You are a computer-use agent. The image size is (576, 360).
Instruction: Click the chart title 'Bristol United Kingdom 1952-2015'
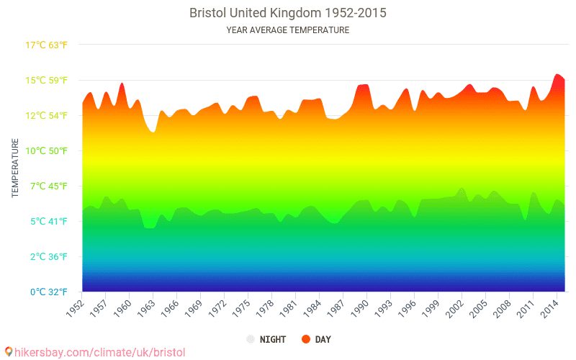click(x=288, y=13)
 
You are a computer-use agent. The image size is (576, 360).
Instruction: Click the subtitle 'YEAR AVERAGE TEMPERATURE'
click(x=288, y=30)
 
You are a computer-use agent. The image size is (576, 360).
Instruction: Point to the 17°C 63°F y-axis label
click(x=47, y=45)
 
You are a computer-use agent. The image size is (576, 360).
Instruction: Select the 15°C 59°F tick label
click(x=47, y=80)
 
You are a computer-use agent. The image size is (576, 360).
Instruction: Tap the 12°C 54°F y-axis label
click(x=47, y=115)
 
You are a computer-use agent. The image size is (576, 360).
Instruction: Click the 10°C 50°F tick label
click(x=47, y=150)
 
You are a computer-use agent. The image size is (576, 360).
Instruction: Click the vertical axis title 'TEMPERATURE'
click(x=15, y=168)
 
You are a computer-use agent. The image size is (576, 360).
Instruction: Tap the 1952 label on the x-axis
click(x=75, y=307)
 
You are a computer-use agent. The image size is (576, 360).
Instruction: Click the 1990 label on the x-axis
click(x=360, y=307)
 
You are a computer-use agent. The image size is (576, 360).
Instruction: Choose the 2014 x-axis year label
click(x=550, y=307)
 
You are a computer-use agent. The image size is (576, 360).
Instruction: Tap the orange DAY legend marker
click(x=305, y=339)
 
